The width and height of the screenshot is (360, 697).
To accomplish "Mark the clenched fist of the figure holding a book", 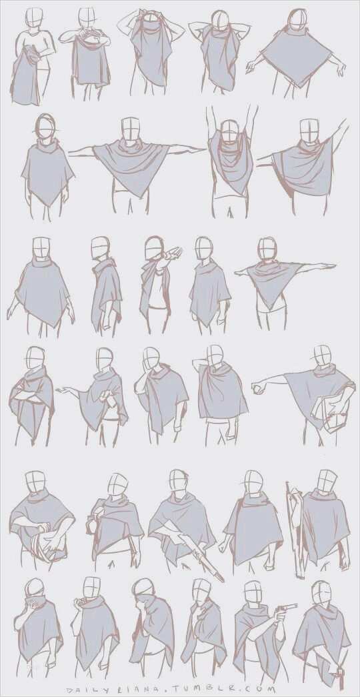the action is point(256,390).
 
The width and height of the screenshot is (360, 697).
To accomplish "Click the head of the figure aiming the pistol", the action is point(254,594).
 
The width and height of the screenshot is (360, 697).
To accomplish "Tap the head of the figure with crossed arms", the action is point(35,358).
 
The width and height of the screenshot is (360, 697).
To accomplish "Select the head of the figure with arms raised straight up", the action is point(230,131).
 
